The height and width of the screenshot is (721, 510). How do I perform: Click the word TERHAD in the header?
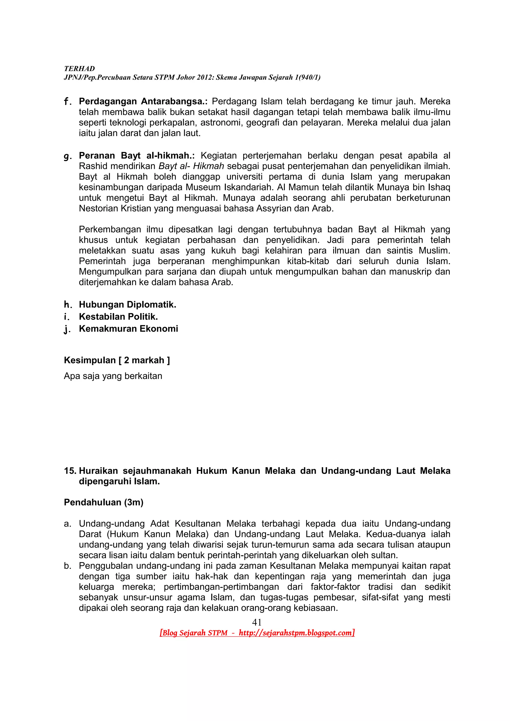[x=79, y=69]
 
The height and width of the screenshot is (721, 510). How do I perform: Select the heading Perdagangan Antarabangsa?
[x=143, y=102]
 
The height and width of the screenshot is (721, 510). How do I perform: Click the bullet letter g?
[x=67, y=156]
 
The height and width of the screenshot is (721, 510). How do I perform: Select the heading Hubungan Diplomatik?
[x=127, y=305]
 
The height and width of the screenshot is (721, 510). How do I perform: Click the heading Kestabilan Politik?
[x=118, y=316]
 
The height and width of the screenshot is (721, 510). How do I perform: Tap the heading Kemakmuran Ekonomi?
[x=128, y=329]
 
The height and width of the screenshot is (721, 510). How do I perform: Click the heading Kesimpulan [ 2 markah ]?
[x=117, y=360]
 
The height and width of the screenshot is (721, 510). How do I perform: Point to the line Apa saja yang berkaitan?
[x=113, y=376]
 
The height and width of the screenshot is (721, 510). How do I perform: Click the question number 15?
[x=70, y=471]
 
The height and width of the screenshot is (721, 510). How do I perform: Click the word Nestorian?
[x=98, y=208]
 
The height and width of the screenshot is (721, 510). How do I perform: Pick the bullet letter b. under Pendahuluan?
[x=67, y=566]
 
